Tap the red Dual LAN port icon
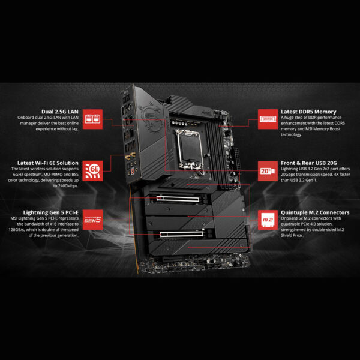pyautogui.click(x=91, y=118)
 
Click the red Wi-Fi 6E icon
pyautogui.click(x=91, y=169)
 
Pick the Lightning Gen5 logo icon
pyautogui.click(x=91, y=220)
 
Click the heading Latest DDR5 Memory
pyautogui.click(x=308, y=111)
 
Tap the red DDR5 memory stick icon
pyautogui.click(x=267, y=118)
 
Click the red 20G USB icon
pyautogui.click(x=267, y=170)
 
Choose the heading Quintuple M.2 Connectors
pyautogui.click(x=314, y=212)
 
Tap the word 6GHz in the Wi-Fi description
pyautogui.click(x=18, y=175)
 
